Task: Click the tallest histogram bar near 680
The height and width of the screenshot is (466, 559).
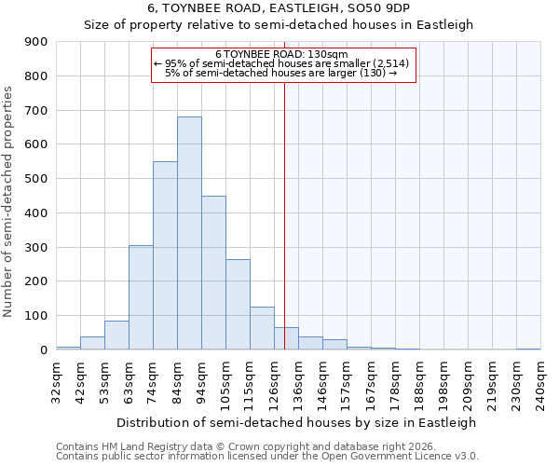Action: coord(189,233)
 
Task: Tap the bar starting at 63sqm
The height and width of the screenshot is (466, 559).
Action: coord(141,297)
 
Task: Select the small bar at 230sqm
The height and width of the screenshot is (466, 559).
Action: coord(528,349)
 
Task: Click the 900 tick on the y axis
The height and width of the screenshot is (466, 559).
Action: coord(36,42)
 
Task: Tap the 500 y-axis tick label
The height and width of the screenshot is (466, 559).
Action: coord(36,179)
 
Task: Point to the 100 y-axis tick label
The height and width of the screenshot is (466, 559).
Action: coord(36,316)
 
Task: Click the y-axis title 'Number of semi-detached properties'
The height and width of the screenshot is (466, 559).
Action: coord(9,201)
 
